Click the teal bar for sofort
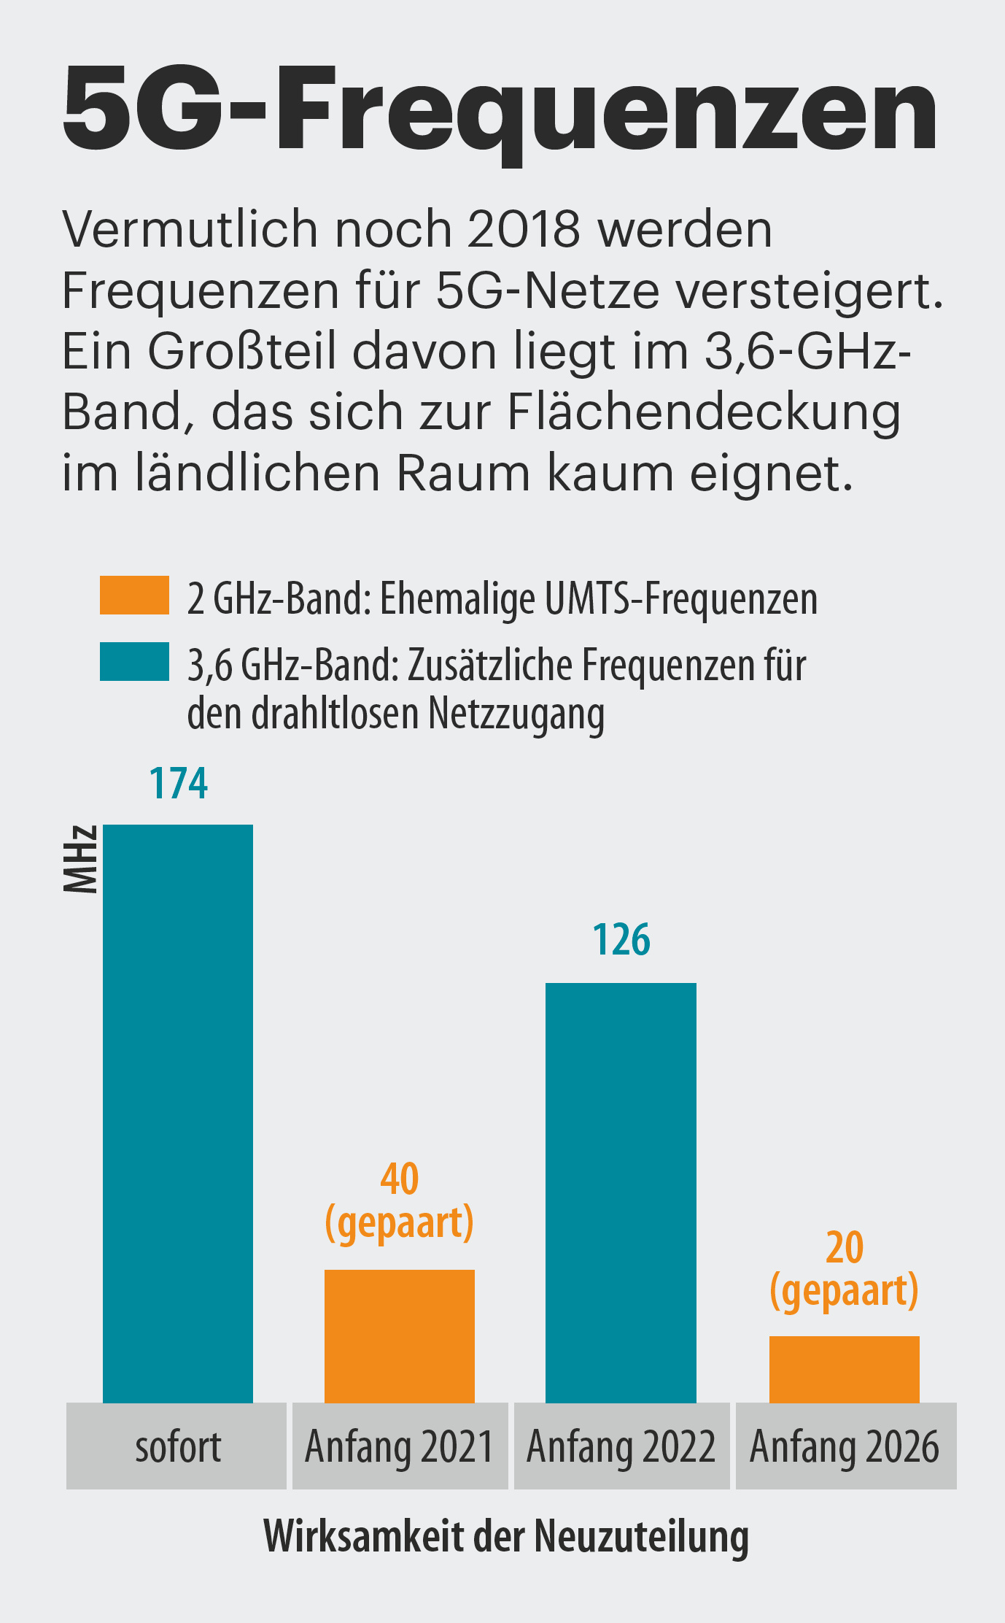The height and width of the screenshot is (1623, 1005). coord(178,1113)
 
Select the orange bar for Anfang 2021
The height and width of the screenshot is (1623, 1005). coord(400,1335)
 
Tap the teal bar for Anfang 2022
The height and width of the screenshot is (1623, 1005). coord(621,1192)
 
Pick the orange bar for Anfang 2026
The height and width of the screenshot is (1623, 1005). coord(844,1369)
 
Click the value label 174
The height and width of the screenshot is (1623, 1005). coord(179,784)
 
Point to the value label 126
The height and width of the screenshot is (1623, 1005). coord(621,940)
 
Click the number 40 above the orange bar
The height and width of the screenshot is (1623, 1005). coord(400,1179)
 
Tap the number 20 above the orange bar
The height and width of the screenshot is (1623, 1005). coord(845,1247)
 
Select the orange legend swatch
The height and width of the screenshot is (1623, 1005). coord(134,595)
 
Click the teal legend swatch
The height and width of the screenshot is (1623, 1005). coord(134,661)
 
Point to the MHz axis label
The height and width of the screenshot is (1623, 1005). coord(80,859)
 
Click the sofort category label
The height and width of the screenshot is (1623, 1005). coord(177,1446)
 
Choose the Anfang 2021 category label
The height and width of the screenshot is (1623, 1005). coord(400,1446)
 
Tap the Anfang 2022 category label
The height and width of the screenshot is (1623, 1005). coord(621,1446)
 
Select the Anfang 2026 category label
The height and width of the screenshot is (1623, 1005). coord(845,1446)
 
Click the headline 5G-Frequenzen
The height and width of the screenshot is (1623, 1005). coord(500,109)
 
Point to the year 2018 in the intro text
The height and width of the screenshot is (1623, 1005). coord(523,229)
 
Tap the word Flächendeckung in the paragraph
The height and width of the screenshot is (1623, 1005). coord(704,412)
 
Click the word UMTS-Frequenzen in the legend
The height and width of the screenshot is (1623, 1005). coord(680,598)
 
